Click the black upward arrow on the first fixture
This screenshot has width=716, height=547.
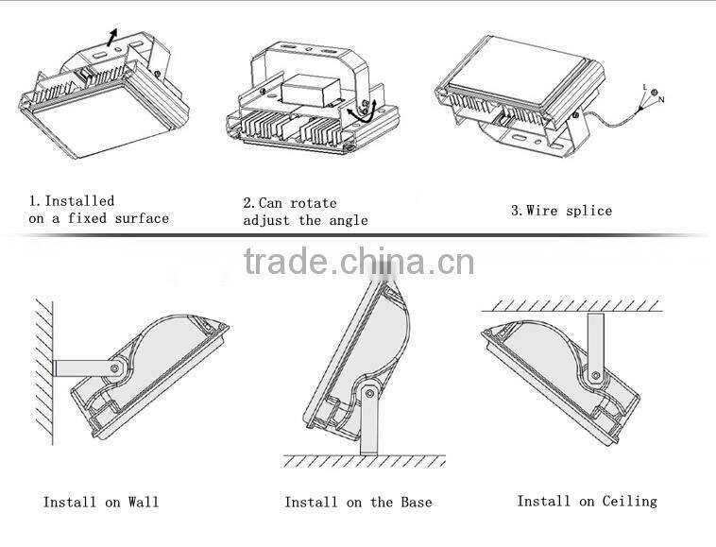[x=111, y=37]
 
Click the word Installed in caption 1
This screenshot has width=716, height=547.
[x=79, y=201]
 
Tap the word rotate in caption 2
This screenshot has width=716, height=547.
[x=314, y=203]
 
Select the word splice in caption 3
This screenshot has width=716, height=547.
[x=589, y=211]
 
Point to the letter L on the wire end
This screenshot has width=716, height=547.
[x=645, y=87]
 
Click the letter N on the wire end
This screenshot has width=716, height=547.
[x=661, y=99]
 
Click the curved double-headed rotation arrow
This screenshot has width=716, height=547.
[x=361, y=111]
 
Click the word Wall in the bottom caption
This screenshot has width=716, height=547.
[x=144, y=503]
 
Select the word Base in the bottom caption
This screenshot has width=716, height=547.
[x=417, y=503]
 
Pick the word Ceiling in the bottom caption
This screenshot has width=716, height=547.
[x=630, y=502]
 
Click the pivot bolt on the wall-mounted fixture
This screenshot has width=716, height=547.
[x=114, y=368]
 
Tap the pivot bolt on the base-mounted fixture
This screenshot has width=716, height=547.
[x=369, y=393]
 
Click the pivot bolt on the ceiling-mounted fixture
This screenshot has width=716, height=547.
[x=595, y=376]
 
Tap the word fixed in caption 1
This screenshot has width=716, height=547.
[x=87, y=218]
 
